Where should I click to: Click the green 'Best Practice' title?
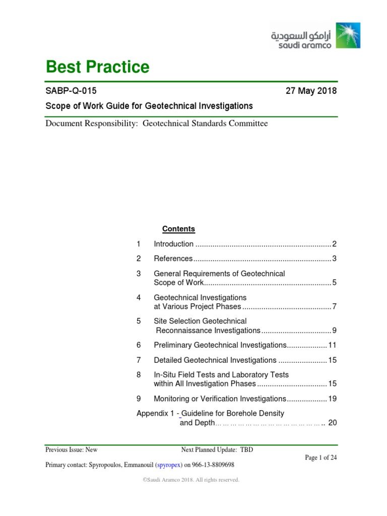point(97,67)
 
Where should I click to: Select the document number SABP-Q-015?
point(71,91)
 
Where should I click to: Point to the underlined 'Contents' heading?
point(178,229)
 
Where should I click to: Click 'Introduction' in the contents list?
point(173,244)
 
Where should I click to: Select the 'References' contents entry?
point(173,259)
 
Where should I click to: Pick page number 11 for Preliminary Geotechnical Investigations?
point(332,345)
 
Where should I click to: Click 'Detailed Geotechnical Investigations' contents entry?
point(215,360)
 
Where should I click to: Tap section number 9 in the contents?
point(139,399)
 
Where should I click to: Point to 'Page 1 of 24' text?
point(321,458)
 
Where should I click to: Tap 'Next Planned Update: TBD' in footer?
point(217,450)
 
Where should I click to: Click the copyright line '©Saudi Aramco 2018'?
point(191,480)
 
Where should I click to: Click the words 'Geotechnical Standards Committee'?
point(206,123)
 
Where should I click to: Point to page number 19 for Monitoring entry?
point(332,399)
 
